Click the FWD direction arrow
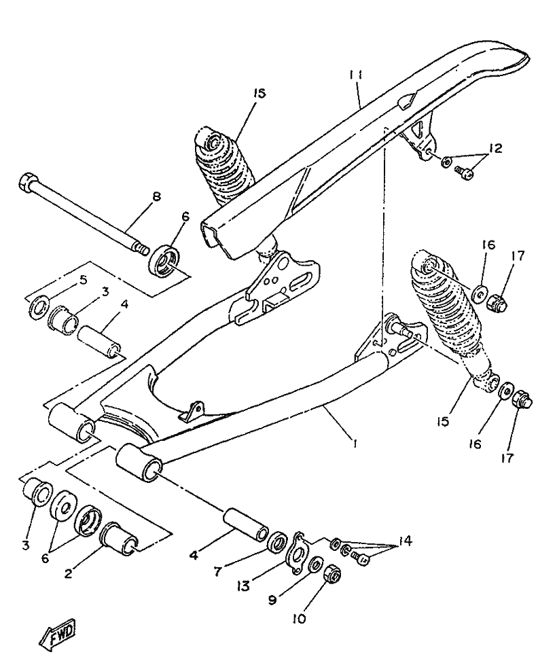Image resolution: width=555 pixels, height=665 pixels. click(x=58, y=631)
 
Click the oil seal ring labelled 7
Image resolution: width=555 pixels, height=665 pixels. click(x=277, y=543)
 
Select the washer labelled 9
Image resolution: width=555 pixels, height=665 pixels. click(x=316, y=565)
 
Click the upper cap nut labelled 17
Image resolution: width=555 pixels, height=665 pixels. click(x=498, y=304)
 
